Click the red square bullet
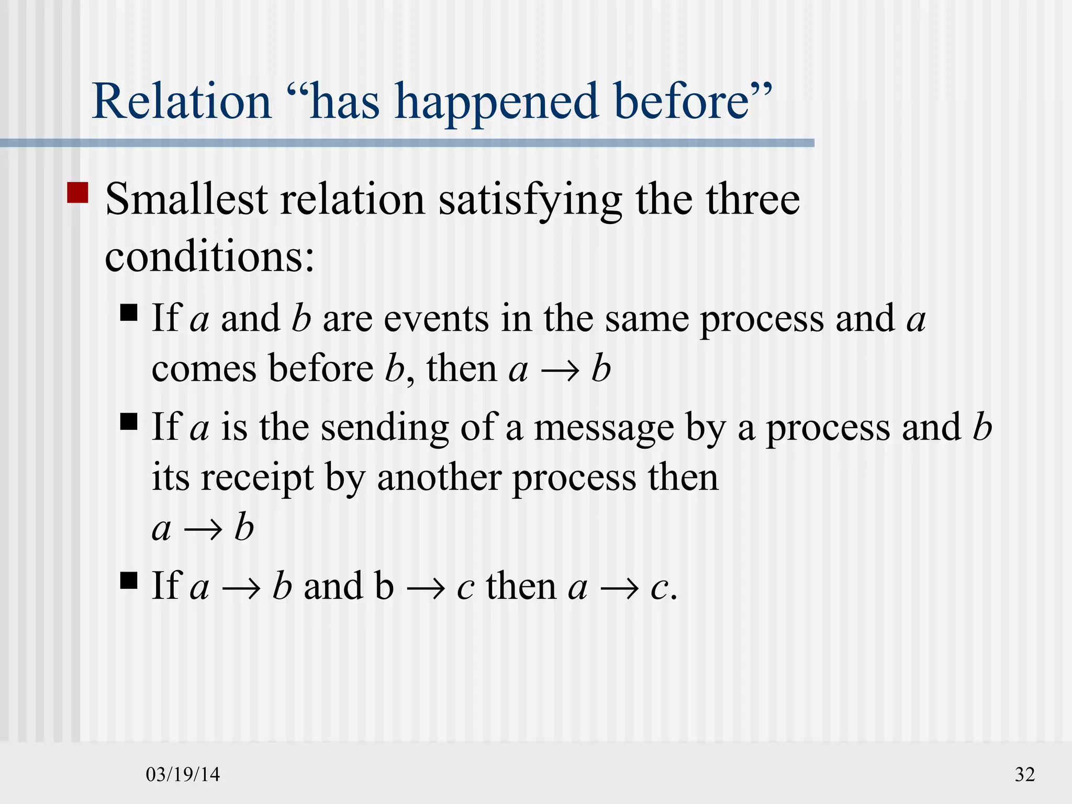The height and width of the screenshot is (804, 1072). [78, 192]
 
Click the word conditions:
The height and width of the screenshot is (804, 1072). [209, 257]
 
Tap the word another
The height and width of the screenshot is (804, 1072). [439, 477]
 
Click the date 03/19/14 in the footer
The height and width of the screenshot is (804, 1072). [183, 774]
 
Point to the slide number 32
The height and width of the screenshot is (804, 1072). [1025, 774]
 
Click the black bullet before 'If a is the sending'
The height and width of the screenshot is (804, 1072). [129, 421]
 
